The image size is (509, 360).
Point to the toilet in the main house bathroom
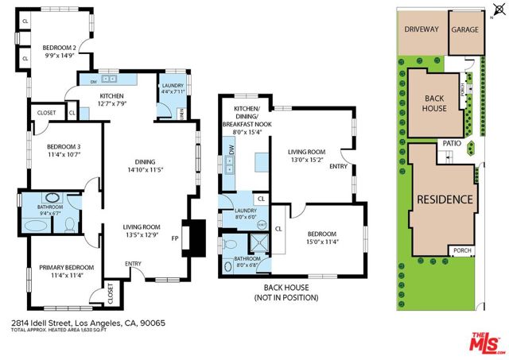(x=69, y=225)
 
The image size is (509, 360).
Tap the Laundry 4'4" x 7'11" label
(x=173, y=90)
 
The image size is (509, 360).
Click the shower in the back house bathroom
(x=259, y=244)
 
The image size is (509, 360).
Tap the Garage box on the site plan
(x=465, y=29)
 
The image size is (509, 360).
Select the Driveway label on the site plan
(x=422, y=29)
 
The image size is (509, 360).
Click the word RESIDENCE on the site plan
(x=445, y=199)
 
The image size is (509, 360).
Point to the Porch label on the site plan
(x=463, y=250)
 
